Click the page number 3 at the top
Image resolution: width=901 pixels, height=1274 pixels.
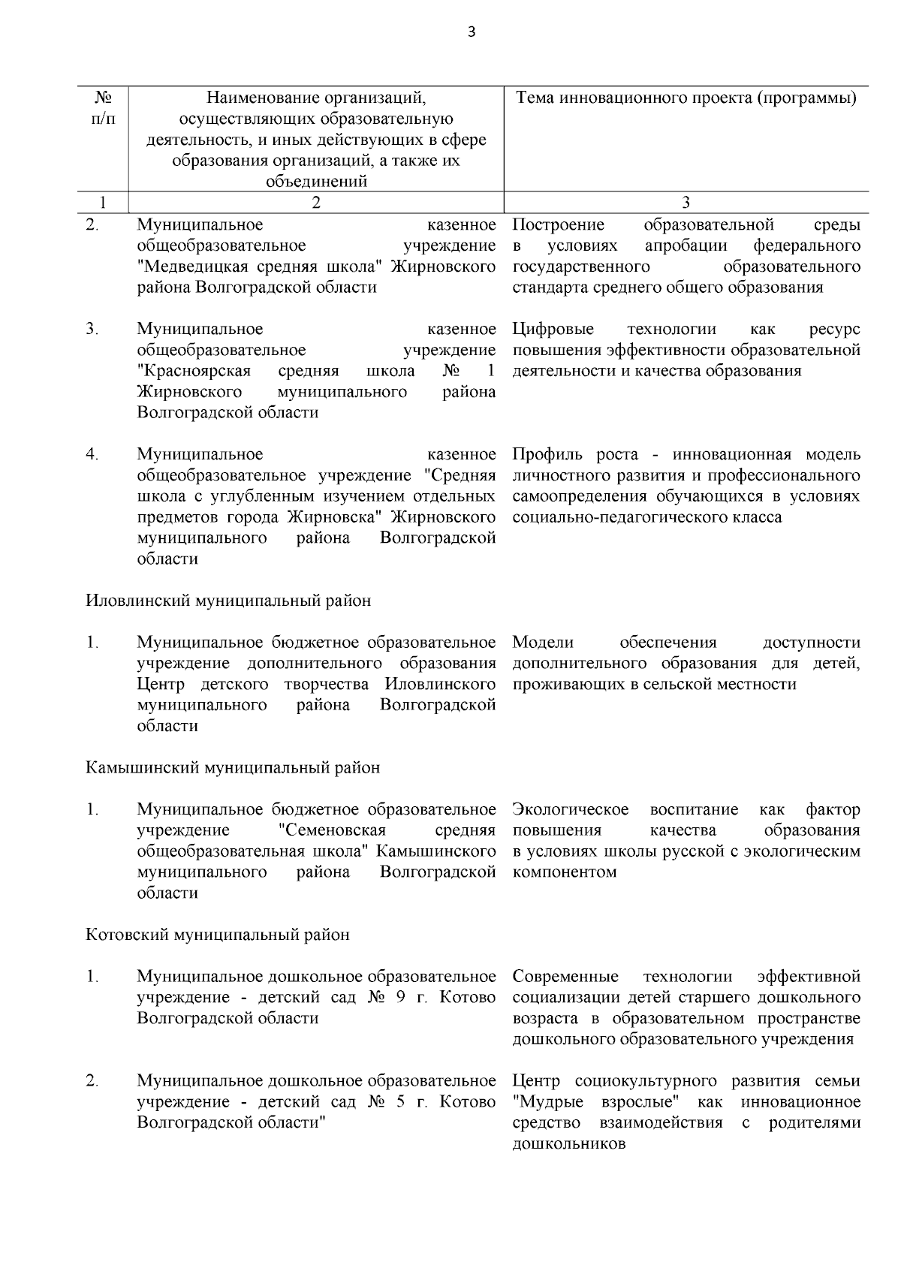[471, 32]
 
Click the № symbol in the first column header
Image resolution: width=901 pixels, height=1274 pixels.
[103, 98]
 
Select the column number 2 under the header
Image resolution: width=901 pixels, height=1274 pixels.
[315, 202]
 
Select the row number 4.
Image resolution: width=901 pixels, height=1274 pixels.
[92, 454]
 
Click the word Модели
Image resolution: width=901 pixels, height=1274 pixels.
[543, 643]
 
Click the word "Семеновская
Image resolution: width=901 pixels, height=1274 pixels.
[331, 830]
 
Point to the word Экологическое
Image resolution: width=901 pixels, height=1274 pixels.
[571, 809]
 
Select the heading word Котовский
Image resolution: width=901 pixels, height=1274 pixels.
[127, 935]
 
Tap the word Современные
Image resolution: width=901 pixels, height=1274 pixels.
[565, 977]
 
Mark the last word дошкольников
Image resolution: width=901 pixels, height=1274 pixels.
[568, 1144]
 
